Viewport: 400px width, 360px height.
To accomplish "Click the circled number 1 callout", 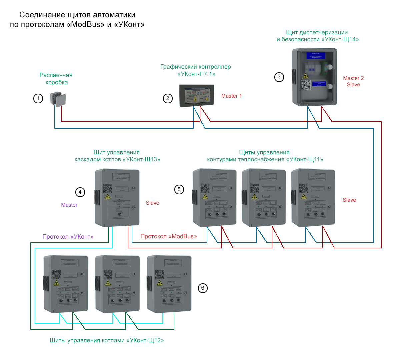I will tap(38, 98).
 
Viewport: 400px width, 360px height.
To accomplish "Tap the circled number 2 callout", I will tap(168, 98).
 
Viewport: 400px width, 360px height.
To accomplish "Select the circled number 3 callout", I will tap(279, 77).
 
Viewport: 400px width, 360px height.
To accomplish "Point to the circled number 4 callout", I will tap(80, 192).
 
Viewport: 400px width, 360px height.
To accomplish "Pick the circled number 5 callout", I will tap(179, 190).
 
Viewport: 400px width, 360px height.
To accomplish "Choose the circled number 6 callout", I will tap(203, 288).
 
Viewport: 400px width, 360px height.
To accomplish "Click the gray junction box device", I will tap(58, 99).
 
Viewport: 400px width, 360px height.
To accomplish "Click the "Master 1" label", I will tap(231, 96).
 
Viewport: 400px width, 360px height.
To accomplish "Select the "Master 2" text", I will tap(353, 78).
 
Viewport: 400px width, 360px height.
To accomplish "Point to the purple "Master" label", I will tap(69, 205).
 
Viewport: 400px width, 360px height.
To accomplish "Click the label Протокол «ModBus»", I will tap(169, 236).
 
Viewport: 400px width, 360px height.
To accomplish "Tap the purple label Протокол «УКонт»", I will tap(68, 237).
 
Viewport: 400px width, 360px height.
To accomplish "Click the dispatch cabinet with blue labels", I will tap(314, 77).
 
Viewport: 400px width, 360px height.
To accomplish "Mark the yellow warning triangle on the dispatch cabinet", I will tap(305, 76).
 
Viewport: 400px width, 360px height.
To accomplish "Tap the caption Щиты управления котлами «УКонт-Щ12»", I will tap(107, 340).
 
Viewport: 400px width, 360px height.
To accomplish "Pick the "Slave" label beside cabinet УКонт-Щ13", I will tap(152, 203).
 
